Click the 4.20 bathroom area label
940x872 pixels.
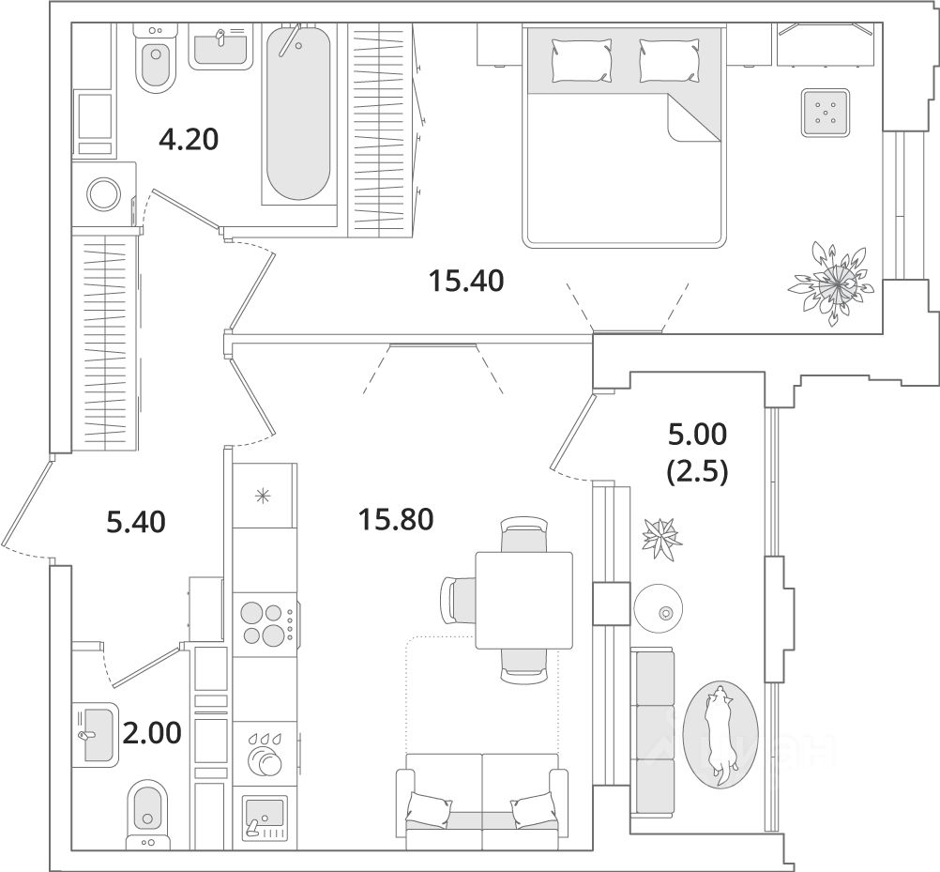188,140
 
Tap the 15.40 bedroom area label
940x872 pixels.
466,280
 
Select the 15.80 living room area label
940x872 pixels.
395,517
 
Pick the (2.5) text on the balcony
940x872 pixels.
696,470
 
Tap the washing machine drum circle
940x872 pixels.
103,194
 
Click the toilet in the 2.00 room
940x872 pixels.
146,808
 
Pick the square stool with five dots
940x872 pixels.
826,114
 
